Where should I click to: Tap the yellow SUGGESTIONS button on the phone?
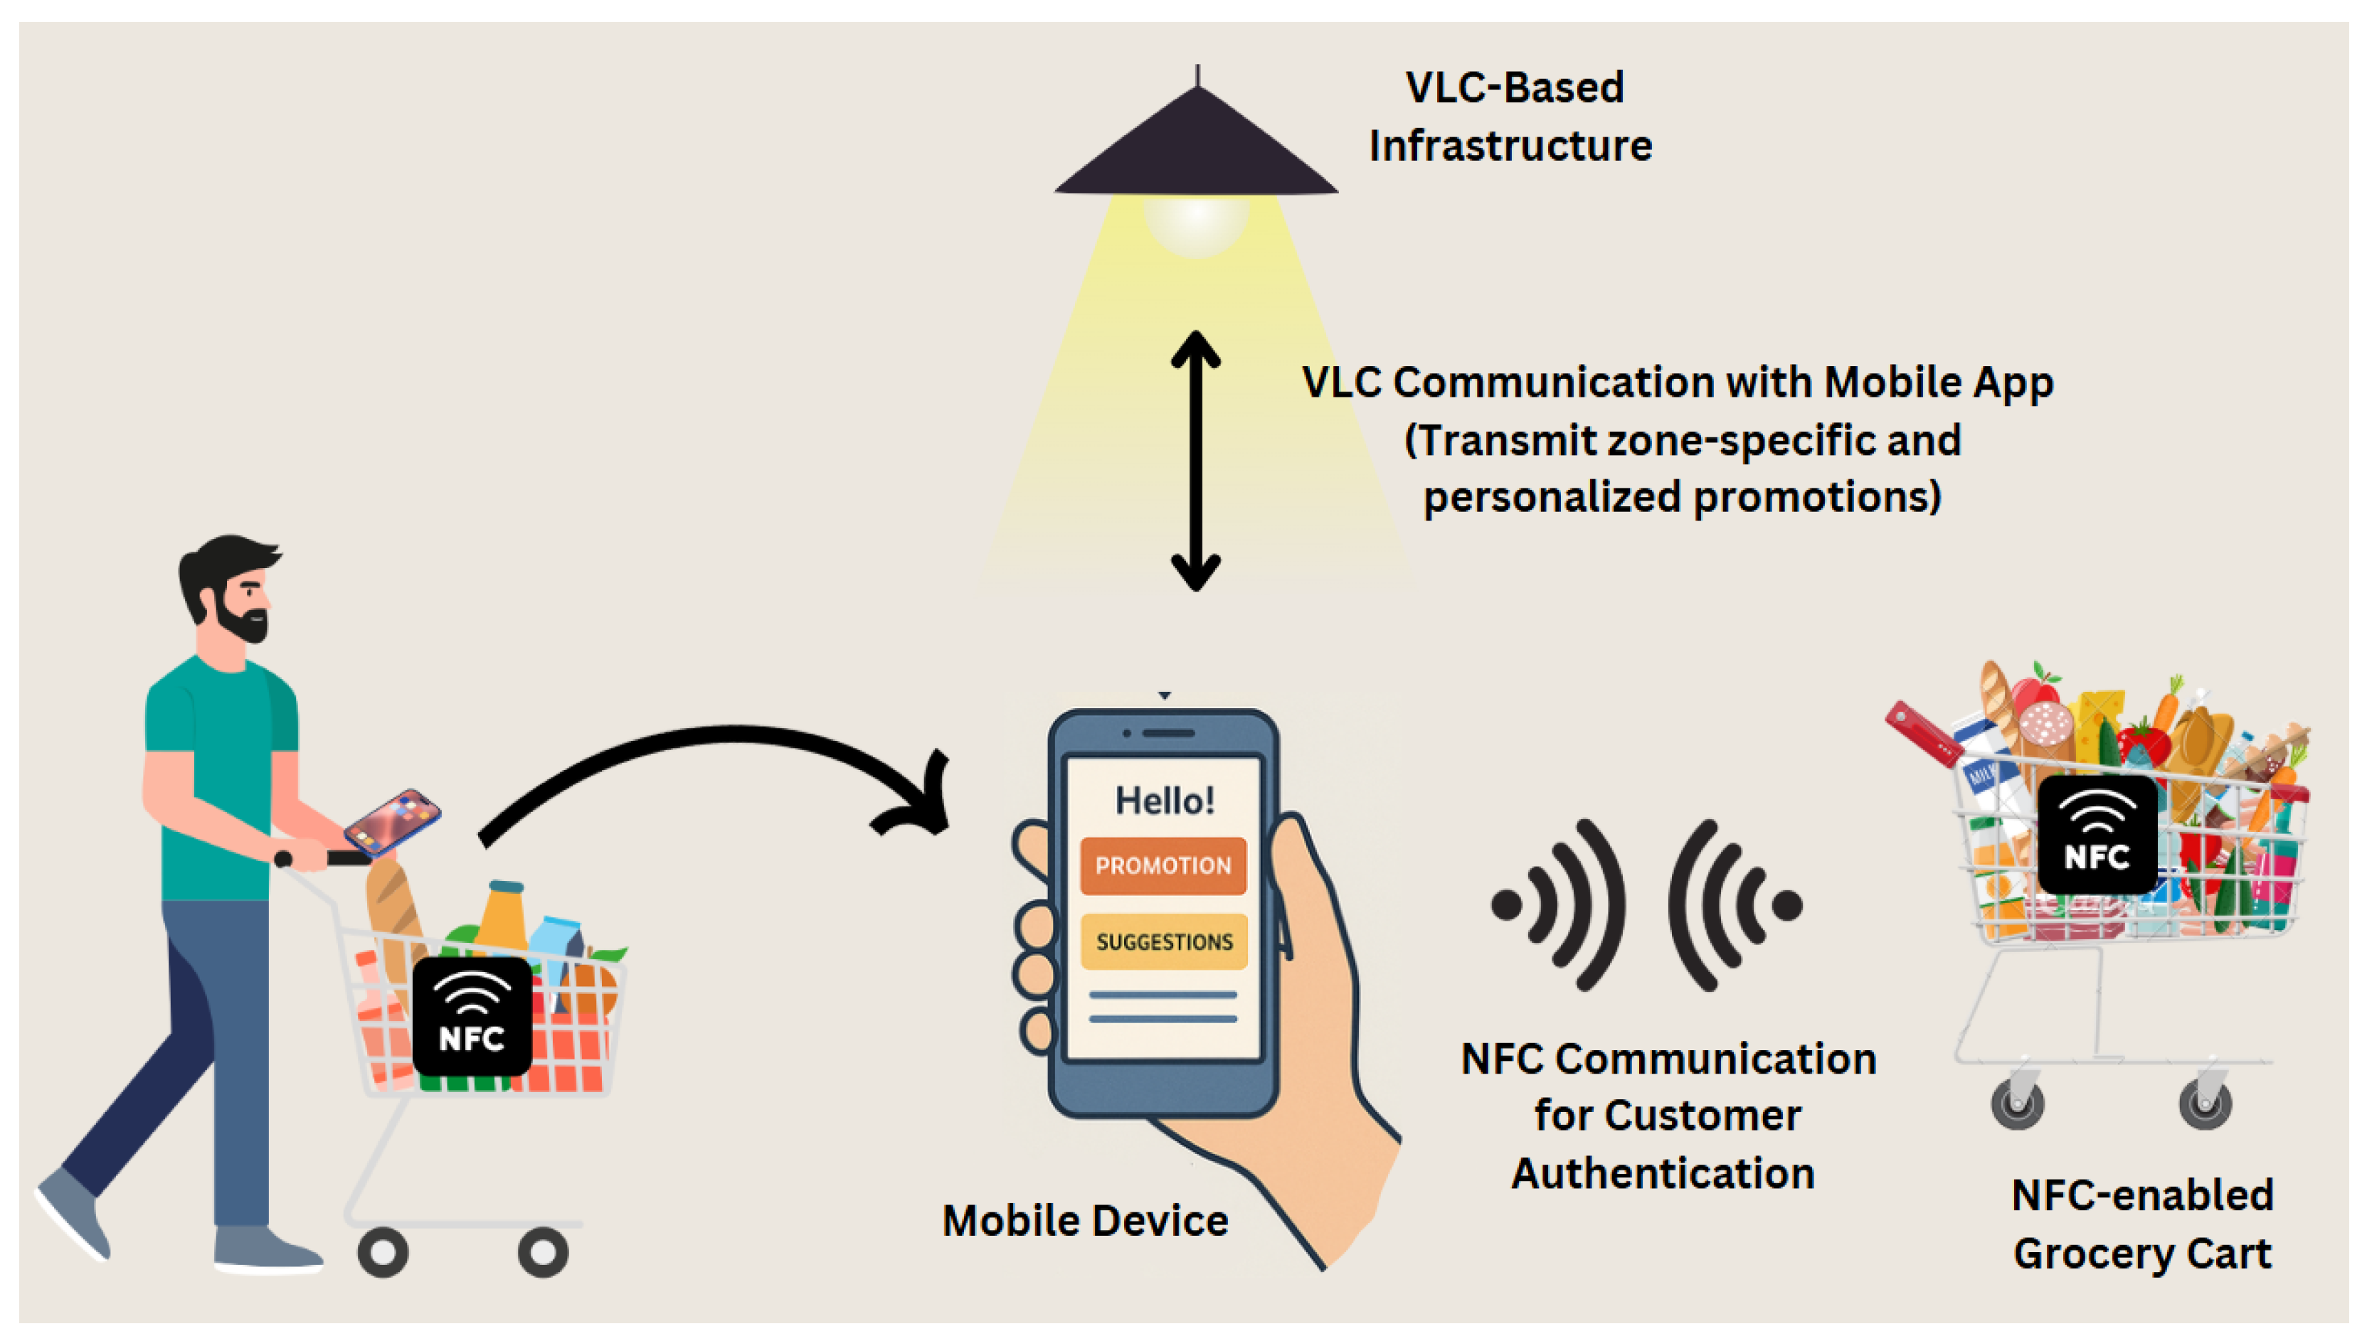click(1164, 941)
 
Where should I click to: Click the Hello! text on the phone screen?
click(1165, 801)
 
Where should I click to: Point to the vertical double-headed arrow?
click(1196, 461)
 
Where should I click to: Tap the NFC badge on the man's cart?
click(472, 1016)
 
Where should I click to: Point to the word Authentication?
click(1663, 1173)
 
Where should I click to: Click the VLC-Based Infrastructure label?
click(1511, 117)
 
